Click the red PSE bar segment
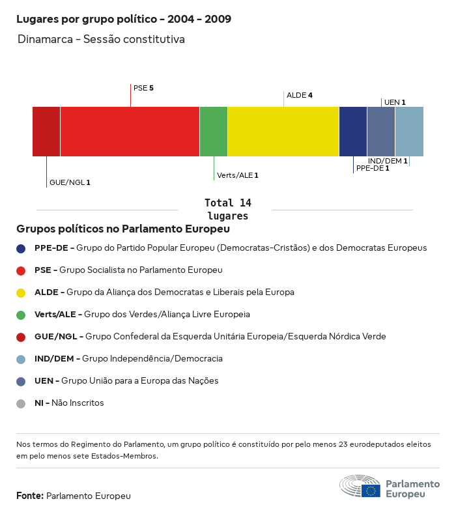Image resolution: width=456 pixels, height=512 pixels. [x=130, y=132]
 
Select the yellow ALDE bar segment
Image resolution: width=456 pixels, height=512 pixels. [x=283, y=132]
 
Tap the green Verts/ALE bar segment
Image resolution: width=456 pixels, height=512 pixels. [x=214, y=132]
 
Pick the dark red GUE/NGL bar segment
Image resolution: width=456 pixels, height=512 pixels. [x=46, y=132]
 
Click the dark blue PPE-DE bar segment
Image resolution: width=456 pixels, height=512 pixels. [x=353, y=132]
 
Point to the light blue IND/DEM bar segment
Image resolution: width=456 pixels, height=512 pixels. [x=409, y=132]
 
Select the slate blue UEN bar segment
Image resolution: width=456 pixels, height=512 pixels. [x=381, y=132]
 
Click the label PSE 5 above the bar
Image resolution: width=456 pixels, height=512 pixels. [x=143, y=87]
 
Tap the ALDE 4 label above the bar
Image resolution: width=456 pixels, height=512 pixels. [x=300, y=95]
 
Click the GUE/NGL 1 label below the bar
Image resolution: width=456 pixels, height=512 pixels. [x=70, y=182]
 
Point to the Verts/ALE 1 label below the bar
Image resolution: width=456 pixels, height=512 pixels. [x=238, y=175]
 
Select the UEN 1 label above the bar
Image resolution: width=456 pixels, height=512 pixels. [x=395, y=102]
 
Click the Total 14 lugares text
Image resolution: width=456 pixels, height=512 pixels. [x=227, y=209]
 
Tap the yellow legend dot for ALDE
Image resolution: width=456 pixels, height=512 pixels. [x=21, y=292]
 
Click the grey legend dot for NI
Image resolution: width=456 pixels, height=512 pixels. [x=21, y=403]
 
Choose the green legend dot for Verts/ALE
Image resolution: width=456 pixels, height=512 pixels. [x=21, y=315]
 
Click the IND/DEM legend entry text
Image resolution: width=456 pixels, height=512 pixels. [x=128, y=358]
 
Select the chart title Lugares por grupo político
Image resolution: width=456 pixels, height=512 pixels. [x=124, y=19]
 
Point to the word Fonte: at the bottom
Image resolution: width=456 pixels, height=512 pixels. [x=30, y=496]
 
